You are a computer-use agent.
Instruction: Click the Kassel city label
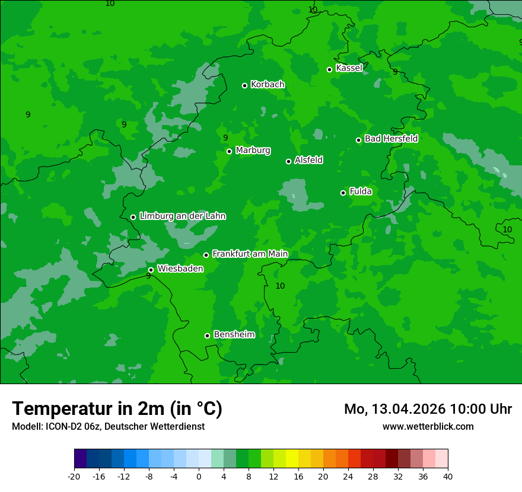[x=349, y=68]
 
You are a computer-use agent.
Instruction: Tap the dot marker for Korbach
[x=244, y=85]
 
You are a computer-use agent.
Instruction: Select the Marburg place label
[x=253, y=151]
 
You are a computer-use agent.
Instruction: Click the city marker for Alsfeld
[x=288, y=161]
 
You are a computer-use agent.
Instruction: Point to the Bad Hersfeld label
[x=391, y=139]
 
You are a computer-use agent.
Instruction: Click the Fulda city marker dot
[x=343, y=193]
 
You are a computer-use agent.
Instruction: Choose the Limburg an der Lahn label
[x=182, y=216]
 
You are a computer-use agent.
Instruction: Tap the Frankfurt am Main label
[x=250, y=254]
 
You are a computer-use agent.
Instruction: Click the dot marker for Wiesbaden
[x=151, y=270]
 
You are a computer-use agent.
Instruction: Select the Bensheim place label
[x=234, y=334]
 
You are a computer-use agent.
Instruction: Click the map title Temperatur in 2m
[x=117, y=408]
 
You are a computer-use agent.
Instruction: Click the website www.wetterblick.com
[x=428, y=426]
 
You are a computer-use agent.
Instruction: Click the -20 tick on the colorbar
[x=74, y=476]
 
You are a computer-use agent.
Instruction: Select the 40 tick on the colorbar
[x=448, y=476]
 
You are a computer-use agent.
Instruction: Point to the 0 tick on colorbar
[x=199, y=476]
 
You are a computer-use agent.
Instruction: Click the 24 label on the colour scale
[x=348, y=476]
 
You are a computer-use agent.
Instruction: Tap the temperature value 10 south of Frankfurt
[x=280, y=286]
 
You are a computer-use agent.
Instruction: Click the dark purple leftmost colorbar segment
[x=80, y=459]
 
